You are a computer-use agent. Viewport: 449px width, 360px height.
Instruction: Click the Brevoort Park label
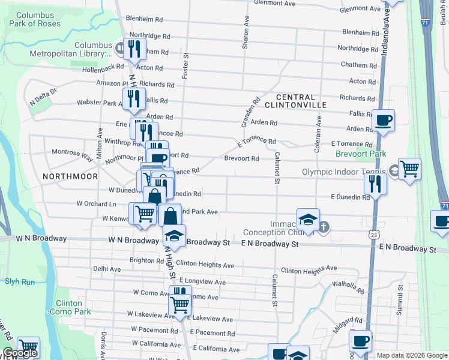[360, 154]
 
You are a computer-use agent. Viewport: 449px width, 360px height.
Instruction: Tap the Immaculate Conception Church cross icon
[324, 227]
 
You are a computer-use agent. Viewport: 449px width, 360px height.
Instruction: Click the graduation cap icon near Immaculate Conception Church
[308, 220]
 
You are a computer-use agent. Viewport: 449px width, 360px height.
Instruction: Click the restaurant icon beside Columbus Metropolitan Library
[135, 48]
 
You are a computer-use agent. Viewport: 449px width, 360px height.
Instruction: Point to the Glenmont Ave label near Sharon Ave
[275, 3]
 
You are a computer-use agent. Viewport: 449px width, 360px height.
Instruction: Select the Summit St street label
[400, 307]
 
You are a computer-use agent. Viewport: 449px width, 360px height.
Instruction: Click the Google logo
[20, 353]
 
